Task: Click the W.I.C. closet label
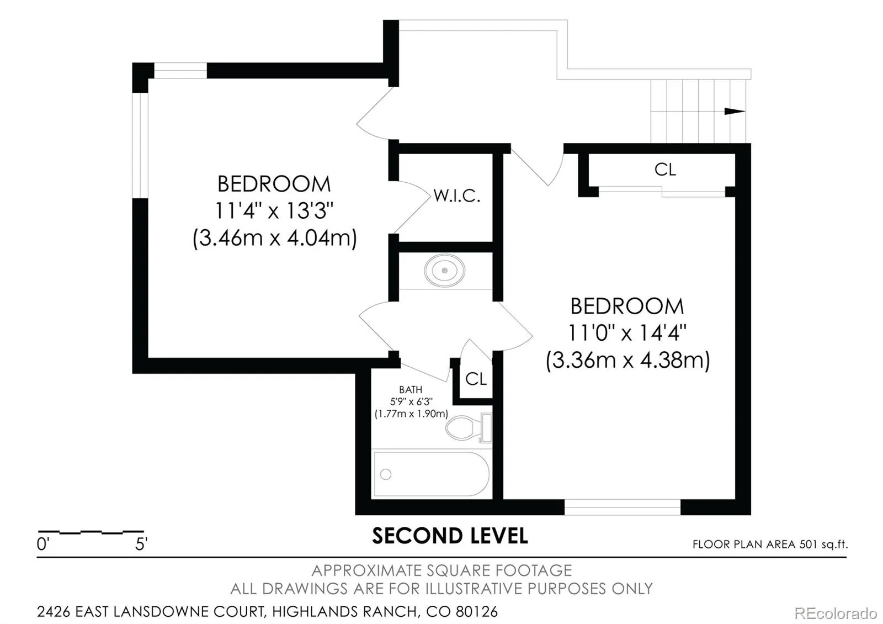[457, 195]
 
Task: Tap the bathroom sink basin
[445, 271]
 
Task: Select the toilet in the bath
[469, 428]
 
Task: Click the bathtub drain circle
[386, 474]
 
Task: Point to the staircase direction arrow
[735, 111]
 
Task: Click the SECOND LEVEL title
[450, 536]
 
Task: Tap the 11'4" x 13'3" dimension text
[274, 210]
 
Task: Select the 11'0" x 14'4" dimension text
[627, 333]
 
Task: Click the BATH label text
[411, 390]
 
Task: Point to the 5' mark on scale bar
[141, 544]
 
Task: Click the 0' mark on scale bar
[43, 544]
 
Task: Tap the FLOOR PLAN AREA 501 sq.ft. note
[770, 544]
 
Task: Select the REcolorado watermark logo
[835, 614]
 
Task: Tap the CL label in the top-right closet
[666, 170]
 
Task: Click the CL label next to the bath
[476, 379]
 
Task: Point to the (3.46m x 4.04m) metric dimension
[275, 238]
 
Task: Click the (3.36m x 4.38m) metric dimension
[628, 361]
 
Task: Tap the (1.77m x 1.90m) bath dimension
[411, 414]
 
